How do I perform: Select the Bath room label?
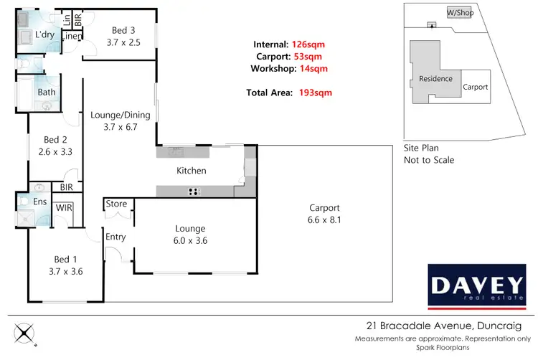47,92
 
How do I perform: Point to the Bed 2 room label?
55,140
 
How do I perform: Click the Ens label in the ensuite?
41,203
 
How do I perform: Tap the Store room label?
116,204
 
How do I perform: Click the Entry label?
116,237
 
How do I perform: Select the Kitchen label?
192,171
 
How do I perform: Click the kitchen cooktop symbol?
192,190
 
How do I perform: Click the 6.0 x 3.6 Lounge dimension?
191,242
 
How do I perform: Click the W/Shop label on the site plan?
460,13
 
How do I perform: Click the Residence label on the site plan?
435,79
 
